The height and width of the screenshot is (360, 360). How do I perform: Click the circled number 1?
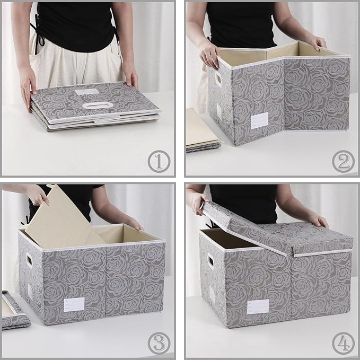(x=158, y=160)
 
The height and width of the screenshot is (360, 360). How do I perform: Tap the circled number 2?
(x=343, y=160)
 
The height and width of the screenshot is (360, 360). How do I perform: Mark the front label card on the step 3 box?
(x=74, y=305)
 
